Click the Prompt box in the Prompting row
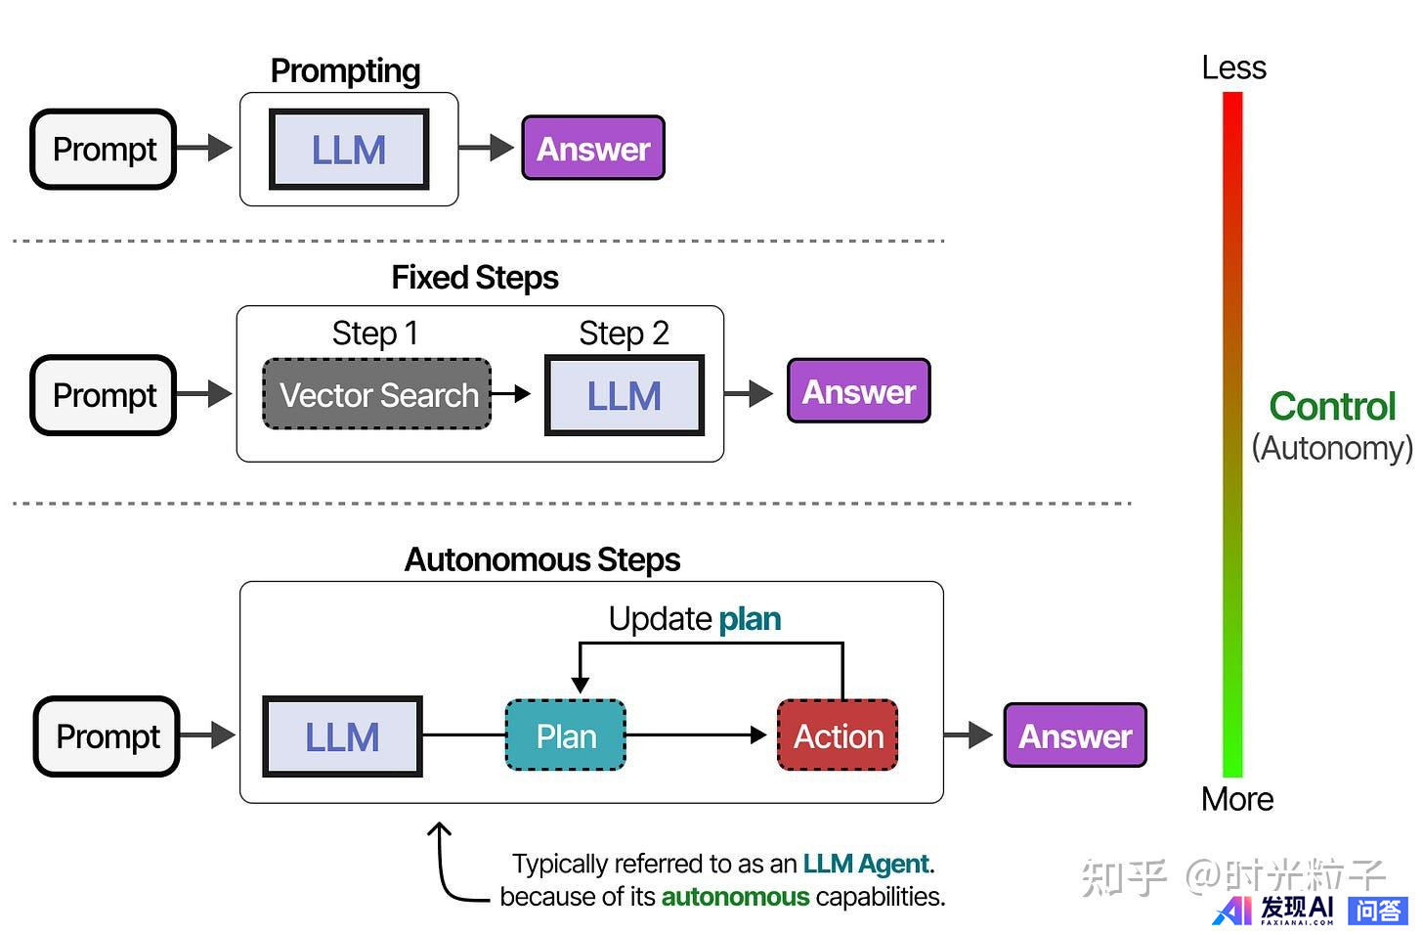104,150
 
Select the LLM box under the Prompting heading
349,150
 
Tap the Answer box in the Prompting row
593,149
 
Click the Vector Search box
378,395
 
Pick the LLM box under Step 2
624,395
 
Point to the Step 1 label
375,334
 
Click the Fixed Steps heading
475,278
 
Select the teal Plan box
566,735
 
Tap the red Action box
838,735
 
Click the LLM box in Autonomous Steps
342,736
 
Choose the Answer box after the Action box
1075,735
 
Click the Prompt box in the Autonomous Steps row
108,736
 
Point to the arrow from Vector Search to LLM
510,394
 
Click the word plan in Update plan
750,619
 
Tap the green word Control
1332,407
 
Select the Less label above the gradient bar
1233,68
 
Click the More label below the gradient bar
1237,799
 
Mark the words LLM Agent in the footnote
865,864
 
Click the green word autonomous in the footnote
735,897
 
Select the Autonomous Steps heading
542,559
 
